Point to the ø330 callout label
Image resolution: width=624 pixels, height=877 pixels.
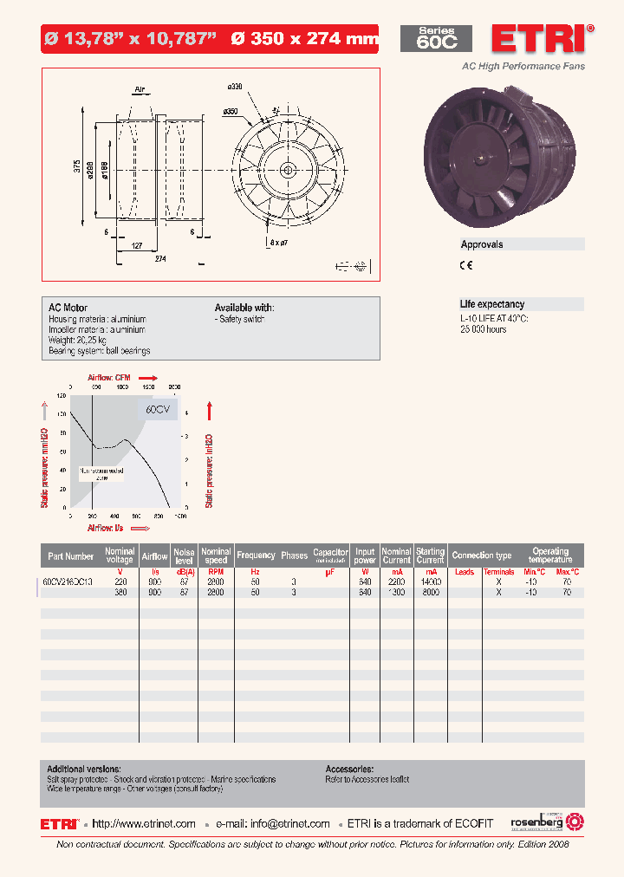tap(234, 87)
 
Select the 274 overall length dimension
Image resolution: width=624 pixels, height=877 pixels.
tap(160, 259)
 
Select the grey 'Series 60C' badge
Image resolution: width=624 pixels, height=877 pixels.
tap(436, 39)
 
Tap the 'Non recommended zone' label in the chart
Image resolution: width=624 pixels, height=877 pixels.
tap(101, 474)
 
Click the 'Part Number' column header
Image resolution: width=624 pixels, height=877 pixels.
tap(71, 555)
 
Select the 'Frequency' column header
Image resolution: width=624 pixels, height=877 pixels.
tap(256, 555)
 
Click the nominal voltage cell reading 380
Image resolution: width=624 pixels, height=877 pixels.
tap(120, 593)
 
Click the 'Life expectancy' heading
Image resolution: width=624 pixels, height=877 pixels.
tap(491, 304)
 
